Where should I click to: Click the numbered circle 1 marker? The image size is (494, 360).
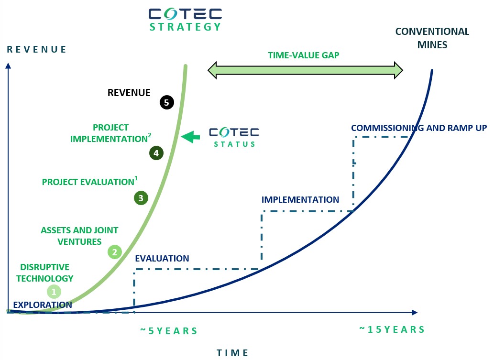click(x=54, y=292)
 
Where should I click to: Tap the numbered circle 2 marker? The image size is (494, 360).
click(x=115, y=252)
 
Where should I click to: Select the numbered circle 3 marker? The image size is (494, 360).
click(x=141, y=198)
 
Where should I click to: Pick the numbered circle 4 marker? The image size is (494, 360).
click(x=156, y=153)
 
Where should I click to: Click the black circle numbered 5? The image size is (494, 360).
click(x=167, y=102)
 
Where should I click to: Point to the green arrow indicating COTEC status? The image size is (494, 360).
click(x=190, y=137)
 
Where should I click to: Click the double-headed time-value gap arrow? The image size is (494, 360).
click(x=305, y=70)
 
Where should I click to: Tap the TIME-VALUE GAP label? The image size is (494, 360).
click(x=303, y=55)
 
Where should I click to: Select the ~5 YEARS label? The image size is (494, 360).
click(x=168, y=331)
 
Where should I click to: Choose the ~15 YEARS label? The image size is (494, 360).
click(x=392, y=329)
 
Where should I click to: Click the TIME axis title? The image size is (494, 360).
click(x=232, y=353)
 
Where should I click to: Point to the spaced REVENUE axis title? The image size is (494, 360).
click(x=36, y=49)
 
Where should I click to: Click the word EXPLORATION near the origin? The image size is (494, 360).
click(x=43, y=305)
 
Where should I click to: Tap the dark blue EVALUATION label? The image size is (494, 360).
click(x=162, y=259)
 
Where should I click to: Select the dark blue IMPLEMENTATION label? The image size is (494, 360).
click(x=300, y=200)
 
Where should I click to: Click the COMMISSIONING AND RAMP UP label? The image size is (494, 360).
click(x=419, y=128)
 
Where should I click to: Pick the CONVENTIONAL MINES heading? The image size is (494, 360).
click(x=432, y=38)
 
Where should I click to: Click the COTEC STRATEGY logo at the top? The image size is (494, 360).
click(x=185, y=20)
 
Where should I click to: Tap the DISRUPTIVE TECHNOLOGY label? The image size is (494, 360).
click(x=45, y=273)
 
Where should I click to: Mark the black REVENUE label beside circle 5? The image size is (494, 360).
click(x=129, y=93)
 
